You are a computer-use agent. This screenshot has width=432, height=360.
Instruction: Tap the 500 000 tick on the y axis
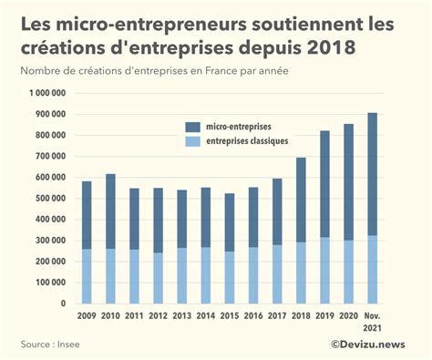pyautogui.click(x=51, y=199)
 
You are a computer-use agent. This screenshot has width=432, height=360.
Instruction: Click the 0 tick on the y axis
pyautogui.click(x=65, y=303)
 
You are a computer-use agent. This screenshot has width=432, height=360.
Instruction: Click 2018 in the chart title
pyautogui.click(x=329, y=46)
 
